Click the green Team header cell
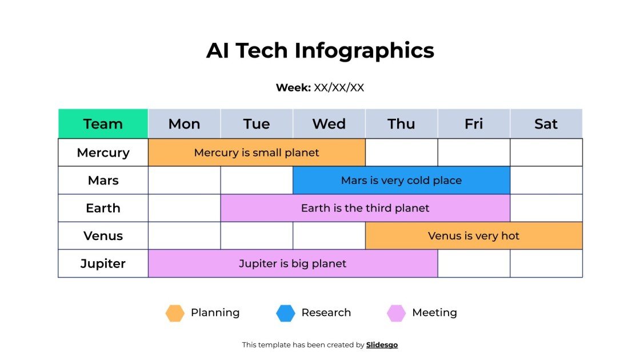click(103, 124)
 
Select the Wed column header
click(329, 124)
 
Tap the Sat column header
click(546, 124)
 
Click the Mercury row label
click(103, 153)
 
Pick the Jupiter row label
click(103, 263)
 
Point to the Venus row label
click(103, 236)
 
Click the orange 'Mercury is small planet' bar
click(257, 153)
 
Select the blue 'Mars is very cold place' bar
click(401, 181)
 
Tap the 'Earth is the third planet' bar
click(365, 208)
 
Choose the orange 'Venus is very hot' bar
click(474, 236)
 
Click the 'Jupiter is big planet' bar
click(293, 263)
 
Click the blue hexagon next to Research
click(286, 313)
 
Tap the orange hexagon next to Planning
click(175, 313)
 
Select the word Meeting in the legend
click(434, 313)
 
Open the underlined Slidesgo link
click(382, 345)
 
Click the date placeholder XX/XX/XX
click(339, 87)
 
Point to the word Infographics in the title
click(365, 50)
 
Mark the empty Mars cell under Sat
click(546, 181)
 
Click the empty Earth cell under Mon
click(184, 208)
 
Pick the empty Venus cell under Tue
click(257, 236)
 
